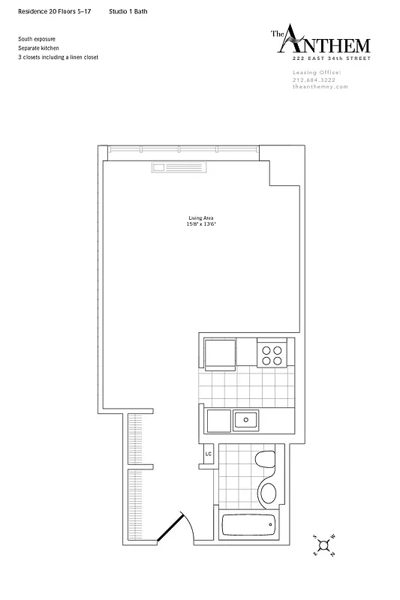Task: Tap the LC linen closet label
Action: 209,454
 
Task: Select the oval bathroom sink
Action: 267,493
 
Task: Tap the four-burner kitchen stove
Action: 271,353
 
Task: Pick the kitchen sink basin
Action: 245,419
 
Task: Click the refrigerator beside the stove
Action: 220,352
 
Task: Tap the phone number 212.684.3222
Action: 315,80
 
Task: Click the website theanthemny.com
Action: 320,86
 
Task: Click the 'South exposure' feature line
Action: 37,38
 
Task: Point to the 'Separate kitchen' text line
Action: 38,47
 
